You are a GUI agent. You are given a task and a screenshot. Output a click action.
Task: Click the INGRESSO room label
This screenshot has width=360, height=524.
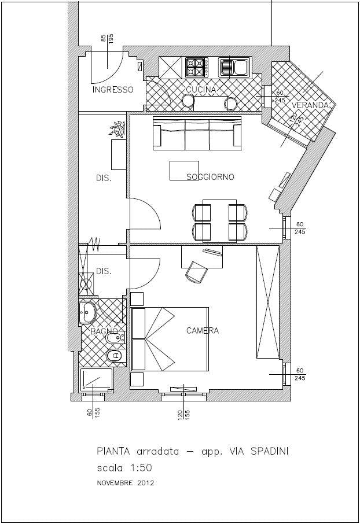pos(113,90)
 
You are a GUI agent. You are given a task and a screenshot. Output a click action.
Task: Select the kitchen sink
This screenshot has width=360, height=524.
pos(234,67)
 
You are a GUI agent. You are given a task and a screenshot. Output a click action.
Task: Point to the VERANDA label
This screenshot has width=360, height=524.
pos(311,105)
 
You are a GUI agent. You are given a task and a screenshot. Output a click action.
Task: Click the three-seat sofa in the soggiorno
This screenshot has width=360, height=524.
pos(197,134)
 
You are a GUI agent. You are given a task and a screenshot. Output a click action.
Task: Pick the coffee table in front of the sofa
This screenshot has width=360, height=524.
pos(185,171)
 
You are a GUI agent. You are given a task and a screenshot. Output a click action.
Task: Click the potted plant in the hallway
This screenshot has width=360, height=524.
pos(117,128)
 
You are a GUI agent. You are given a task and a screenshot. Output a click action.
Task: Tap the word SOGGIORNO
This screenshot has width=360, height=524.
pos(210,177)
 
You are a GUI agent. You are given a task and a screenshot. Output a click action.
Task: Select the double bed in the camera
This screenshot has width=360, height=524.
pos(170,339)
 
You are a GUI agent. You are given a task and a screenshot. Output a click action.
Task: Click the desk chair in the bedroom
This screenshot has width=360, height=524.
pos(196,272)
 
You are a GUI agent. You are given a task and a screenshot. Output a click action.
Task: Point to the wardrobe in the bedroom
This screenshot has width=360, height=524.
pos(267,302)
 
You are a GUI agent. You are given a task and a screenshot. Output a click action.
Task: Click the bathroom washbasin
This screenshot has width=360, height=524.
pos(87,312)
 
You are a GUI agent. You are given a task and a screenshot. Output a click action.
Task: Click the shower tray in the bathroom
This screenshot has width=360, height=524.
pos(96,381)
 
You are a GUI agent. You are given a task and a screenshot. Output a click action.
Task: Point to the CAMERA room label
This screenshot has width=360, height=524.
pos(203,330)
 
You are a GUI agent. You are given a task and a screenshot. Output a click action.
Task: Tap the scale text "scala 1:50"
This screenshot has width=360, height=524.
pos(124,468)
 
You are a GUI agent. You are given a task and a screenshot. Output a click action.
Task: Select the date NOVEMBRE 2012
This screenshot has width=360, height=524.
pos(126,483)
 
